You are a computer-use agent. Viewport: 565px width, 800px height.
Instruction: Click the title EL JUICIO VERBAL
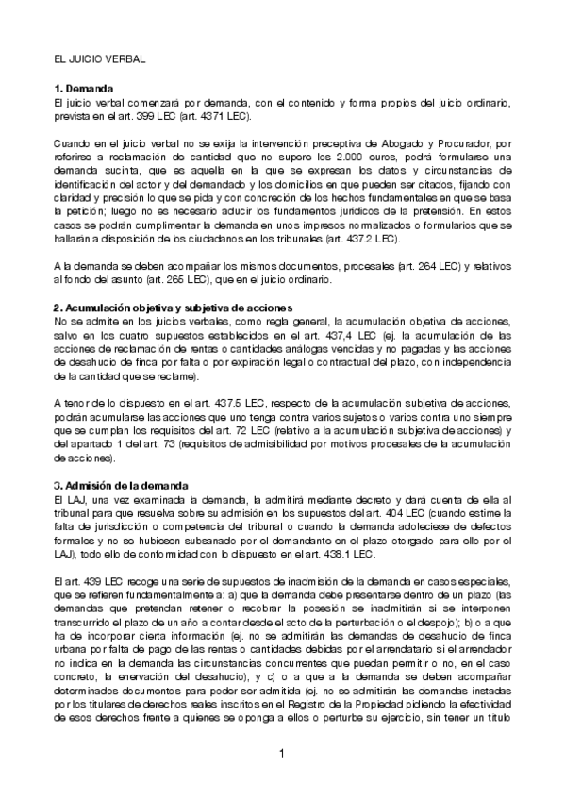pos(99,58)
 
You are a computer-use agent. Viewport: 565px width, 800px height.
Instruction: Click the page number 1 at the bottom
pos(282,752)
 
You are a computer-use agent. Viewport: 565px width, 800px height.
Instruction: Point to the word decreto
pos(365,498)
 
